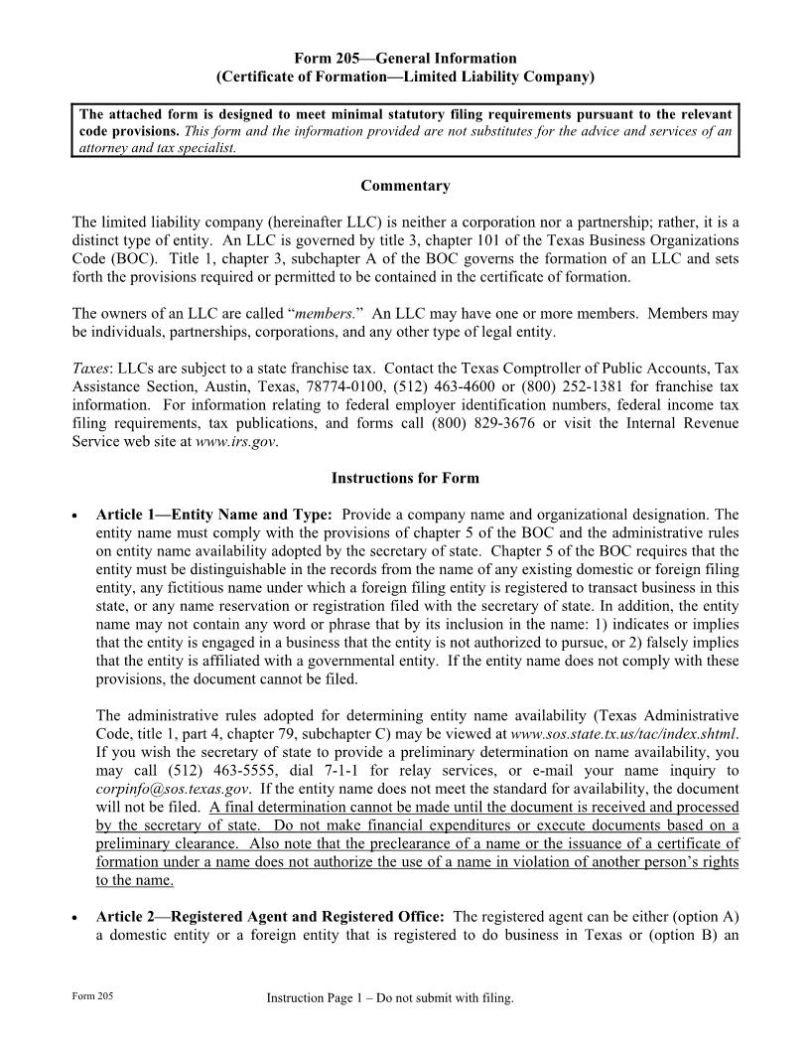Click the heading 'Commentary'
[405, 186]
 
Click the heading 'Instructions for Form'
[405, 478]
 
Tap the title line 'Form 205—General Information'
[405, 59]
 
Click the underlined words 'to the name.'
[135, 880]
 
